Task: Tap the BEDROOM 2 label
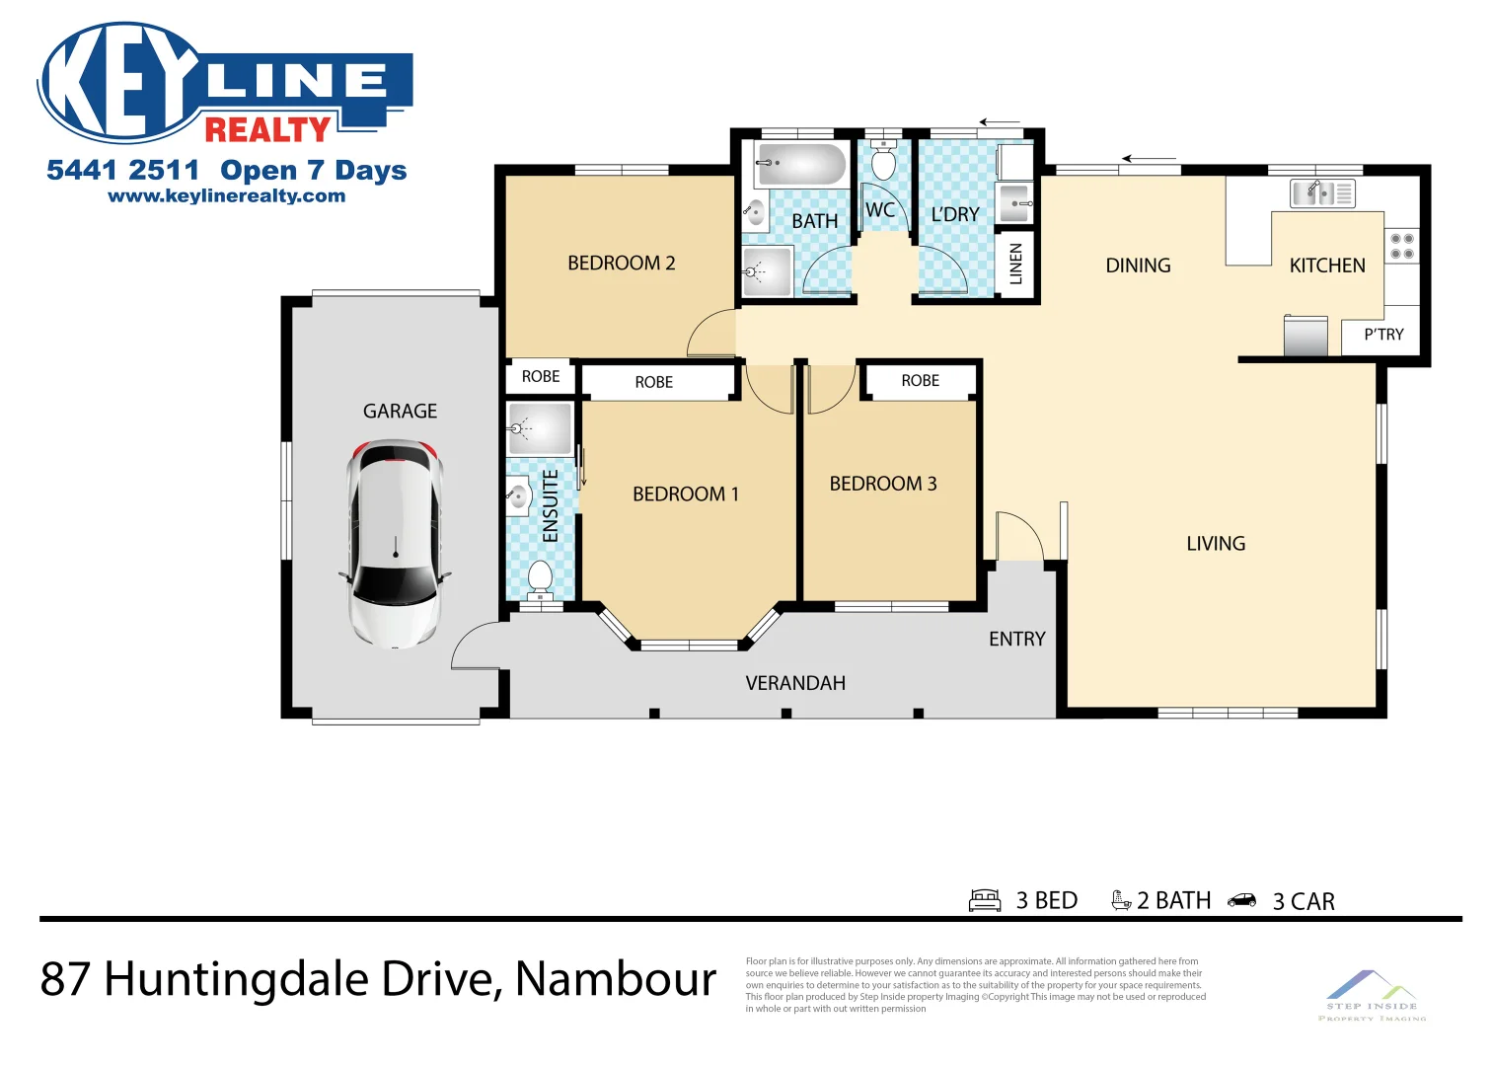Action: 621,264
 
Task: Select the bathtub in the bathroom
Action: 800,164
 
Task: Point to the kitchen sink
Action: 1322,192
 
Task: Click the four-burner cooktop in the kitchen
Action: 1401,246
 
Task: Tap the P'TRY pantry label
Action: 1383,335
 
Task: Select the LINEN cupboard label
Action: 1016,264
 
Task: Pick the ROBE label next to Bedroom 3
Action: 920,381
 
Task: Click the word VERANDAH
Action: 795,683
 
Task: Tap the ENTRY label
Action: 1016,640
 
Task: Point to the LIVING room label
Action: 1216,544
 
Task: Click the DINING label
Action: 1138,266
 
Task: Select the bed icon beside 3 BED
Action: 985,900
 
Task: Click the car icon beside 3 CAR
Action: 1242,900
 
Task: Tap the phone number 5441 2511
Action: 122,171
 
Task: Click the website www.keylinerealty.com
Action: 227,195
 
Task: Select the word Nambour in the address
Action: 616,979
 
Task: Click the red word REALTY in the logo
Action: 267,129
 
